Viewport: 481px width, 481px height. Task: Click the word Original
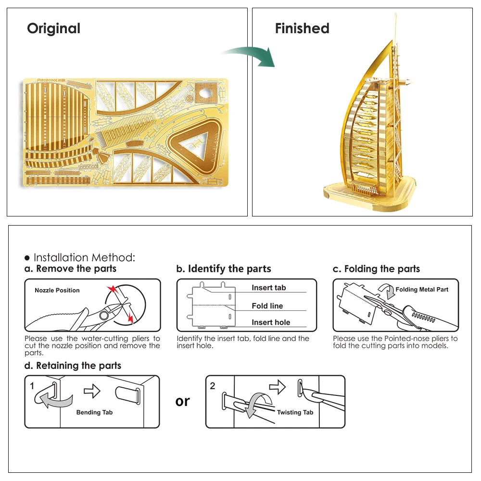click(x=53, y=29)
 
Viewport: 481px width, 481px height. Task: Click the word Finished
click(x=302, y=29)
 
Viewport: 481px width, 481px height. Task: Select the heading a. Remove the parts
click(x=70, y=269)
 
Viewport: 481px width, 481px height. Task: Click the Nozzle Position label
click(x=57, y=291)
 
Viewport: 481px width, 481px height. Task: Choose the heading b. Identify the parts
click(x=224, y=269)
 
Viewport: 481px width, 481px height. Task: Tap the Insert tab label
click(x=268, y=288)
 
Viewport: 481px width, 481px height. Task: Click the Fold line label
click(x=267, y=306)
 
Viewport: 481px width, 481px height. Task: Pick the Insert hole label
click(x=271, y=323)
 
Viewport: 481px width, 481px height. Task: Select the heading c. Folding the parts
click(x=376, y=269)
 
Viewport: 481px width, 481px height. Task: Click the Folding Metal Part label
click(x=422, y=290)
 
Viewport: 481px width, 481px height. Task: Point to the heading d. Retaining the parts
click(x=73, y=366)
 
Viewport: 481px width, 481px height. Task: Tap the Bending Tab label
click(x=94, y=412)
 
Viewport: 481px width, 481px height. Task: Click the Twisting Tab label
click(x=295, y=412)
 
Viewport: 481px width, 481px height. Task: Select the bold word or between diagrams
click(x=183, y=401)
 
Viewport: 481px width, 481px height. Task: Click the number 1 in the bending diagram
click(x=32, y=386)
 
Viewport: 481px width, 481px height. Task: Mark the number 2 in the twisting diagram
click(x=213, y=386)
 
